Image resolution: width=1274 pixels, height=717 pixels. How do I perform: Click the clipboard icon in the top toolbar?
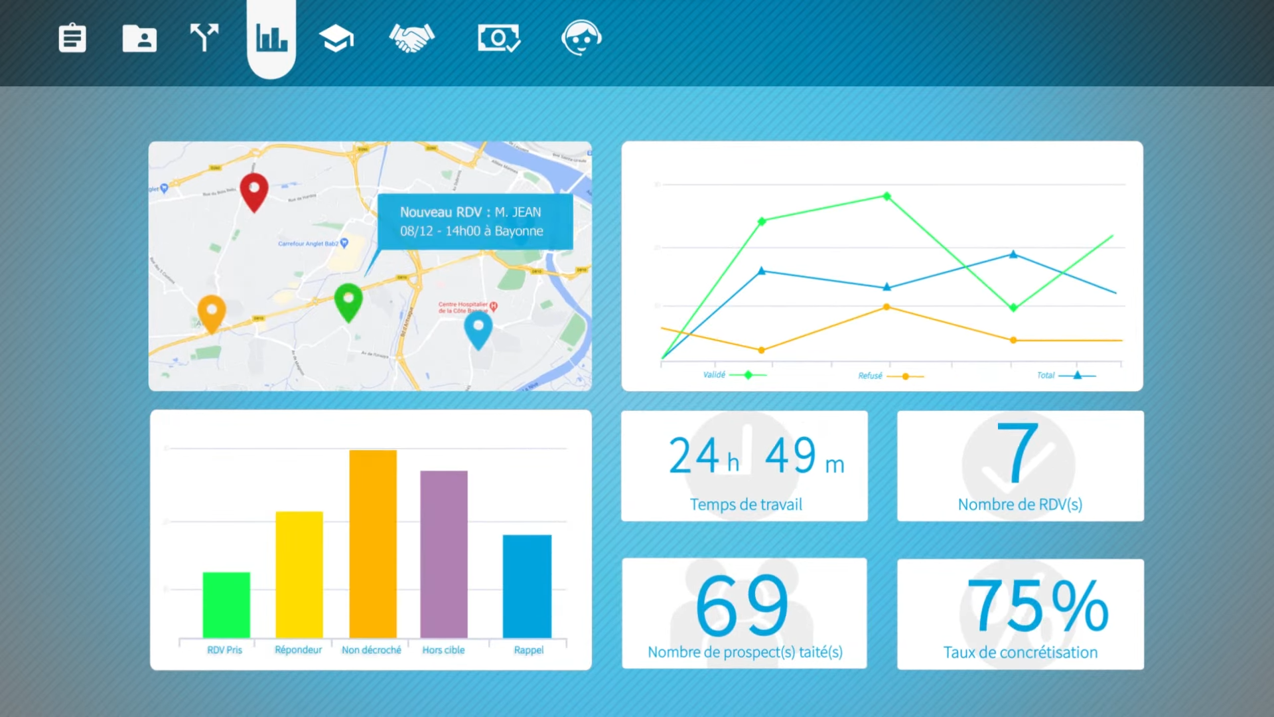point(72,38)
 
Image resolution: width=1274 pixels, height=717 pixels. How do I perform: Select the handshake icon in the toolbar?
point(411,38)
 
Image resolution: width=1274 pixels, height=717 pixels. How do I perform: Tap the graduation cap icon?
point(336,38)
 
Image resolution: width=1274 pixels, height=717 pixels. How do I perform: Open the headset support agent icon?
point(581,38)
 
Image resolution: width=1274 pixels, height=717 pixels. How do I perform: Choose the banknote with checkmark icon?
point(498,38)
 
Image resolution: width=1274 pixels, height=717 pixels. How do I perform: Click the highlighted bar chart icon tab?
point(271,38)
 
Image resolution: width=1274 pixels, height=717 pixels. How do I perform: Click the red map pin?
point(253,190)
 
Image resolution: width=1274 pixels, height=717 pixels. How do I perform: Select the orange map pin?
point(212,312)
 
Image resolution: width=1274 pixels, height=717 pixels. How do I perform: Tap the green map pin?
point(348,301)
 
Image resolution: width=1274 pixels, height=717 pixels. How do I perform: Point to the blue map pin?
point(478,328)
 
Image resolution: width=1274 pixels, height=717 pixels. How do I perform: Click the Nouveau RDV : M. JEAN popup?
point(474,222)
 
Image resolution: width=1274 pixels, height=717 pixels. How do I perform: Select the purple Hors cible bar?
point(444,554)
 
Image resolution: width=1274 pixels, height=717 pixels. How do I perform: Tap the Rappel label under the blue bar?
point(528,650)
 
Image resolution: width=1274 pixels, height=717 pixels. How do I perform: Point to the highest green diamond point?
point(886,196)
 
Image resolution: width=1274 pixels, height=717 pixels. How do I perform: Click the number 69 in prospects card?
point(743,605)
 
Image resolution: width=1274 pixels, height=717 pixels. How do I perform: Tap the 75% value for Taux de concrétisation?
point(1037,605)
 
